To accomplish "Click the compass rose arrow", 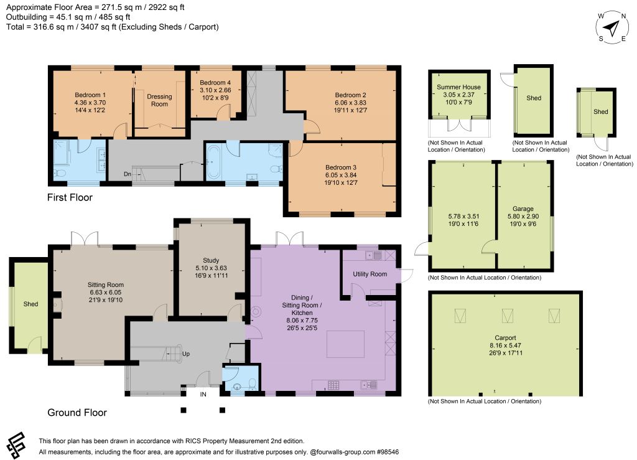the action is coord(611,28).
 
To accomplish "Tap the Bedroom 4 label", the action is coord(215,83).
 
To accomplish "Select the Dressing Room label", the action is coord(159,100).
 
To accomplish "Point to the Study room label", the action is coord(211,260).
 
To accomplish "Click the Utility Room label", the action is coord(370,274).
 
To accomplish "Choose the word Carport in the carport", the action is coord(505,337).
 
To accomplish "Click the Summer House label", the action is coord(458,87).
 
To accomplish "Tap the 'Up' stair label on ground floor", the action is coord(185,354).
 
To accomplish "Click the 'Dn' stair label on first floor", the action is coord(127,174).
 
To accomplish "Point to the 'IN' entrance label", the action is coord(203,394).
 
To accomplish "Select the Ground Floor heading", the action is coord(77,413).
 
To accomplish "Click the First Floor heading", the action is coord(70,197).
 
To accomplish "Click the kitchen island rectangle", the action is coord(345,344).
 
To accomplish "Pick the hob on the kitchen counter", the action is coord(333,385).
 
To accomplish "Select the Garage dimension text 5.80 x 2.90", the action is coord(523,217).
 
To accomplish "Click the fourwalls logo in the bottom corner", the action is coord(17,445).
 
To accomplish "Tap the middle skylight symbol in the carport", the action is coord(507,316).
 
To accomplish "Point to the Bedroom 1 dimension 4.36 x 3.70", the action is coord(90,103).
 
